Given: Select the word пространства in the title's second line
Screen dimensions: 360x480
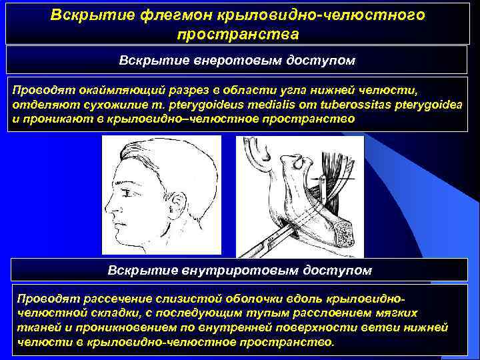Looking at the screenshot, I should (238, 33).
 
